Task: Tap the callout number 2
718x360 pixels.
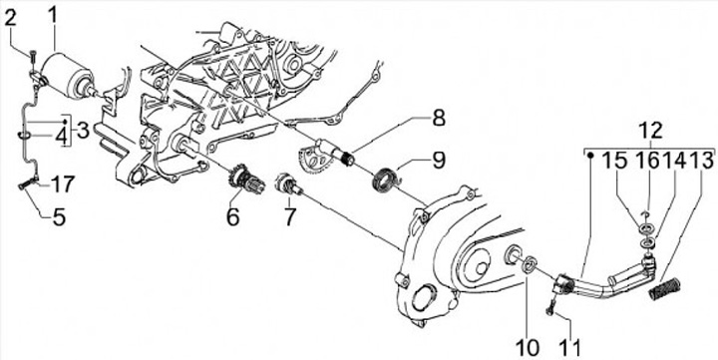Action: coord(11,19)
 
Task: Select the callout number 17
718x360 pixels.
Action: coord(62,184)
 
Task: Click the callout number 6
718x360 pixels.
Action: coord(232,215)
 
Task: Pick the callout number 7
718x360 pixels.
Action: coord(289,215)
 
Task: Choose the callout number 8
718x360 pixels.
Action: coord(438,118)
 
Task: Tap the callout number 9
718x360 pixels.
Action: coord(438,160)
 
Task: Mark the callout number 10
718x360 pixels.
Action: coord(528,347)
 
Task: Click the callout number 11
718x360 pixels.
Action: coord(569,347)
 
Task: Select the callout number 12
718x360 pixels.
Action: coord(651,131)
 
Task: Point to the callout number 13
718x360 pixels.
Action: coord(701,162)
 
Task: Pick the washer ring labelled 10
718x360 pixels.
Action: coord(530,264)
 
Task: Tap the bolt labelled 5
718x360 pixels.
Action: coord(27,184)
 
